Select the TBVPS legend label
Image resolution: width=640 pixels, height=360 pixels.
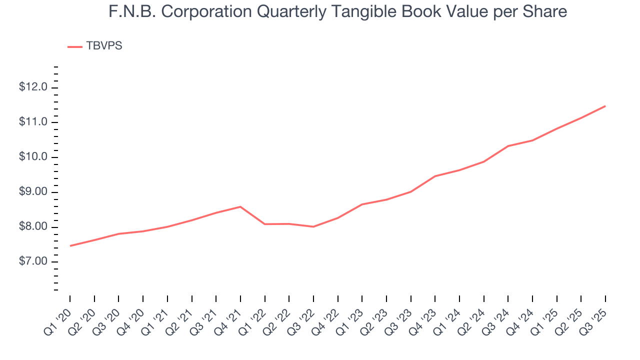click(x=104, y=46)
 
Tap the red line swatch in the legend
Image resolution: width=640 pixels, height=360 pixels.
click(x=74, y=46)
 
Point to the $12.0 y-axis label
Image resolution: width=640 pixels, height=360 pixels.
click(x=33, y=87)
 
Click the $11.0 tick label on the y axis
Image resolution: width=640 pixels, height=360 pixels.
click(x=33, y=122)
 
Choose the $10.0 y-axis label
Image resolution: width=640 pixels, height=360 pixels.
click(x=33, y=157)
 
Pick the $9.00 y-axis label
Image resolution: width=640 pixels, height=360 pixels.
click(x=33, y=192)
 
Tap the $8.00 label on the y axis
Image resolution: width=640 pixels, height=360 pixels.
click(x=33, y=227)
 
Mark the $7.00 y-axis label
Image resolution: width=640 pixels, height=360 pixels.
click(x=33, y=262)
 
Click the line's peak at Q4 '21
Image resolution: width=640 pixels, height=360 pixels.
click(x=240, y=206)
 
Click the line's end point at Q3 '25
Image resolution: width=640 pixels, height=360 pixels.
click(x=605, y=106)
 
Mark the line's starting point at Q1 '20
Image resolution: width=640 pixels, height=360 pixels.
click(x=70, y=245)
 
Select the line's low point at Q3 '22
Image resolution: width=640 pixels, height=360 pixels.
click(x=313, y=226)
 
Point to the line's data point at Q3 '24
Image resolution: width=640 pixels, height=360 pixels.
click(x=508, y=146)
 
